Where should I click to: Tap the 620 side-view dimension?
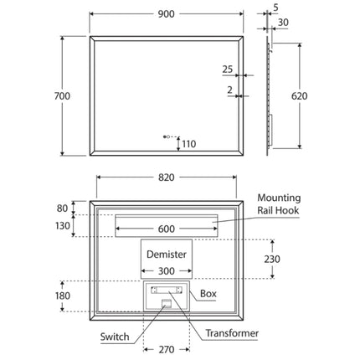pos(299,95)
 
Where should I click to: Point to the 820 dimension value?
pos(167,177)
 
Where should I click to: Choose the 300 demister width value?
pos(166,270)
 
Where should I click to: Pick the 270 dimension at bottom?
pos(166,350)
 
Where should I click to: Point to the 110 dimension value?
pos(188,144)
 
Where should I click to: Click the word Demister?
pos(166,252)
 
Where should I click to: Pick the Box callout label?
pos(208,295)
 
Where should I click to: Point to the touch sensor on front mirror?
pos(166,136)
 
